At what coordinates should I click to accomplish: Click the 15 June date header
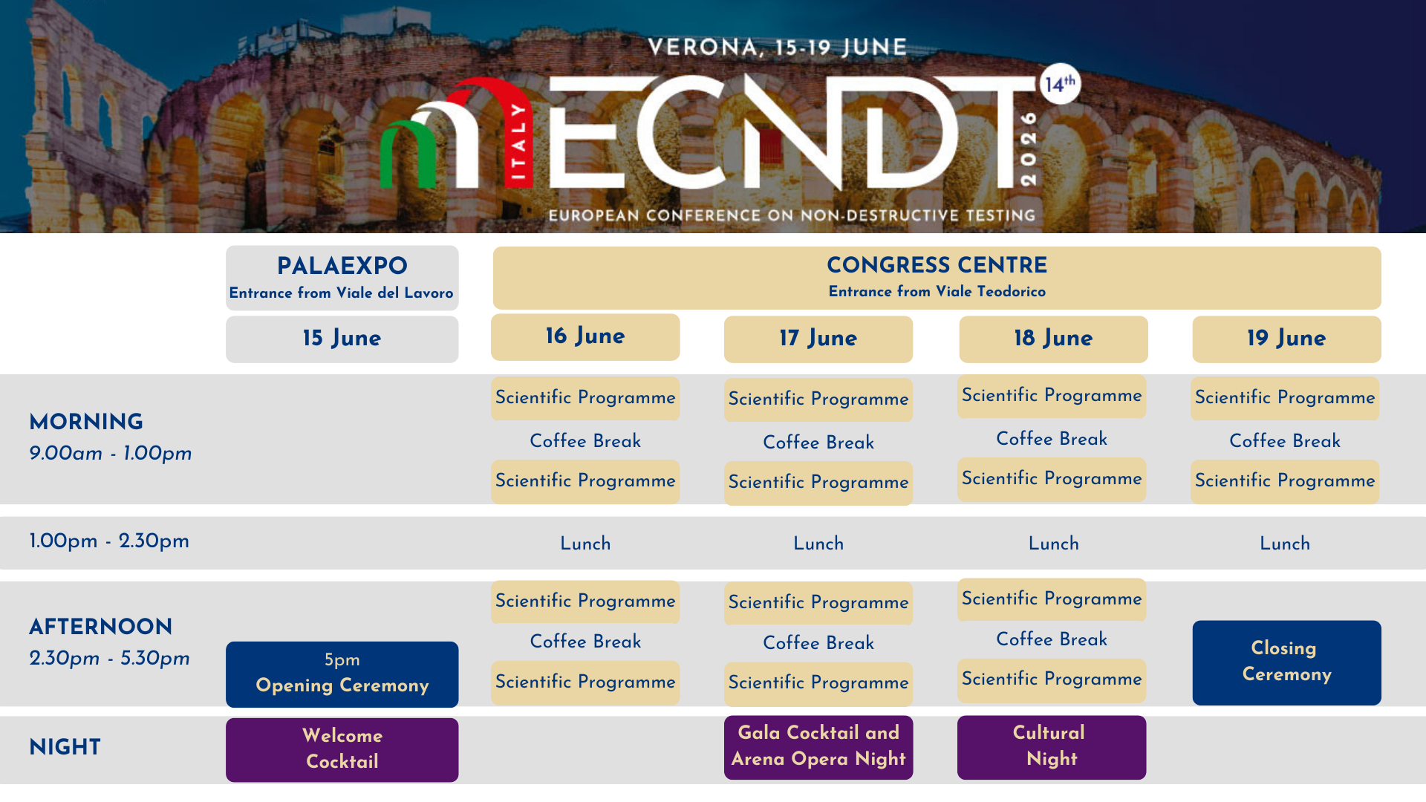pyautogui.click(x=342, y=339)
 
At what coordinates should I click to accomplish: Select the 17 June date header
pyautogui.click(x=818, y=339)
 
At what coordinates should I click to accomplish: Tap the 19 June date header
pyautogui.click(x=1286, y=339)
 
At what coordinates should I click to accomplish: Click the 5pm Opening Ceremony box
pyautogui.click(x=342, y=674)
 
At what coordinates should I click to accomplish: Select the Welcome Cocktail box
pyautogui.click(x=342, y=749)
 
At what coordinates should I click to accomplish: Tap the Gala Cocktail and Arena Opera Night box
pyautogui.click(x=818, y=747)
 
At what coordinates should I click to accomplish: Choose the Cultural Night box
pyautogui.click(x=1051, y=747)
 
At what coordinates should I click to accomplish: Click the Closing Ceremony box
pyautogui.click(x=1286, y=662)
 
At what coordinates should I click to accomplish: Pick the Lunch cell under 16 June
pyautogui.click(x=585, y=544)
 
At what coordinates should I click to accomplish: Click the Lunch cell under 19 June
pyautogui.click(x=1285, y=544)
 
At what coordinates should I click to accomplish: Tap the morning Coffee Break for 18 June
pyautogui.click(x=1052, y=439)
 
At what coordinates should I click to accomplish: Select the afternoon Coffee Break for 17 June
pyautogui.click(x=818, y=642)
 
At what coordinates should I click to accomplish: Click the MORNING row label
pyautogui.click(x=86, y=422)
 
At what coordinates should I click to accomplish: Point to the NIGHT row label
pyautogui.click(x=65, y=747)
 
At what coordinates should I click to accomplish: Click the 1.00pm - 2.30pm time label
pyautogui.click(x=109, y=541)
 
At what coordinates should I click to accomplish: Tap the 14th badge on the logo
pyautogui.click(x=1059, y=83)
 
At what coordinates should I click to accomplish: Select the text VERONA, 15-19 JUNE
pyautogui.click(x=778, y=48)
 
